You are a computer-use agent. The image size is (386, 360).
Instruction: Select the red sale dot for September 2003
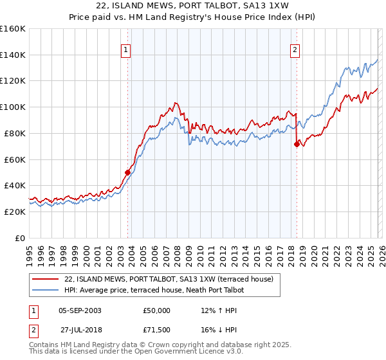127,172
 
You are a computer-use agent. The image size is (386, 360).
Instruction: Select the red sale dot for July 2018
297,144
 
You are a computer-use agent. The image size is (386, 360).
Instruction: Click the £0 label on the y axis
19,238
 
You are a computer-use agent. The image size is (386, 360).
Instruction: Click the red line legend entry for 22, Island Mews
169,279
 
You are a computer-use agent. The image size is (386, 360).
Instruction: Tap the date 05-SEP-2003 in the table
80,310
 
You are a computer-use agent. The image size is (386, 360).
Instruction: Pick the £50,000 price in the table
156,310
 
